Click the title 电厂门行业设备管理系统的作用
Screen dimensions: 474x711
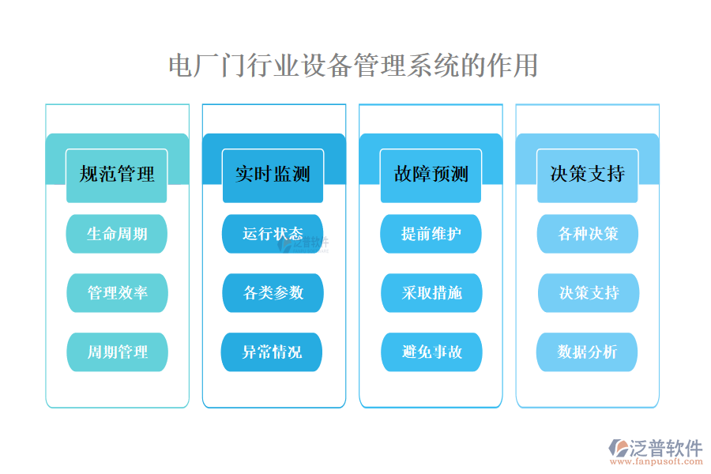point(353,66)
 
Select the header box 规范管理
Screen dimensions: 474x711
point(117,175)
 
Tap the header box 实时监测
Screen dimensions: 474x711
point(273,175)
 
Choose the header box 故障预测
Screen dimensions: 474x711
point(431,175)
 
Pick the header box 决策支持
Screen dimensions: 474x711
point(587,175)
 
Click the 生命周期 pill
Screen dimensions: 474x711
point(117,234)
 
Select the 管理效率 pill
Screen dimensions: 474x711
point(117,293)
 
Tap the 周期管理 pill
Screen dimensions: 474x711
point(117,352)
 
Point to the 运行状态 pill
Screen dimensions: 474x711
point(273,234)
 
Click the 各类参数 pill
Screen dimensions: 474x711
point(273,293)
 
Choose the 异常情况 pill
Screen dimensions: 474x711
point(273,352)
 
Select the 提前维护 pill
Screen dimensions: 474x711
point(431,234)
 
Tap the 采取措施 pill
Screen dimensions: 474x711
point(431,293)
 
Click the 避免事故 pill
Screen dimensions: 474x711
point(431,352)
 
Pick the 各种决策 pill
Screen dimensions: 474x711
point(587,234)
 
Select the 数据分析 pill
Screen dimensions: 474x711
point(587,352)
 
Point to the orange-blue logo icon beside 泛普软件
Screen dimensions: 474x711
point(618,450)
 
